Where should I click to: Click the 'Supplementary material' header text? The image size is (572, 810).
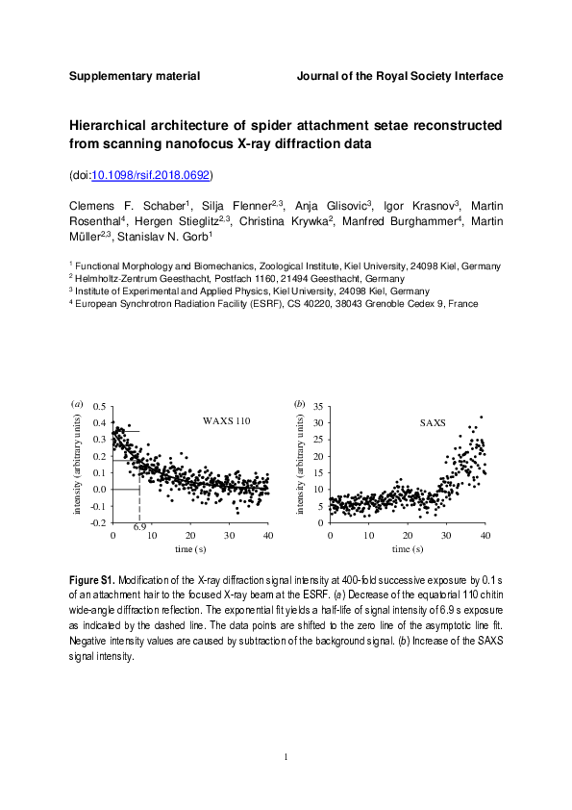(135, 75)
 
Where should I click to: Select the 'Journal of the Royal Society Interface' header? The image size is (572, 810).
(399, 75)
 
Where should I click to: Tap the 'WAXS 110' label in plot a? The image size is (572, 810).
(226, 421)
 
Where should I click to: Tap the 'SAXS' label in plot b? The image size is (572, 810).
(434, 422)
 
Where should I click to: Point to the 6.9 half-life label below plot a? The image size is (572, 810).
(139, 528)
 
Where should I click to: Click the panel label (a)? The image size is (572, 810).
(77, 404)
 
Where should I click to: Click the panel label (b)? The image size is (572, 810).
(299, 404)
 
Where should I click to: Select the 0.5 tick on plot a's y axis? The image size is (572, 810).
(99, 407)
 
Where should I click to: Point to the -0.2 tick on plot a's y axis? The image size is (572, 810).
(97, 522)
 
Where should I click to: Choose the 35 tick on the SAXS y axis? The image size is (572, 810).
(318, 407)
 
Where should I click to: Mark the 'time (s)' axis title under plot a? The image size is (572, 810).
(189, 549)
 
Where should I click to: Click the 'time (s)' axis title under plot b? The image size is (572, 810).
(407, 549)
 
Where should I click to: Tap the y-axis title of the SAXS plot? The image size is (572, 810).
(301, 465)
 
